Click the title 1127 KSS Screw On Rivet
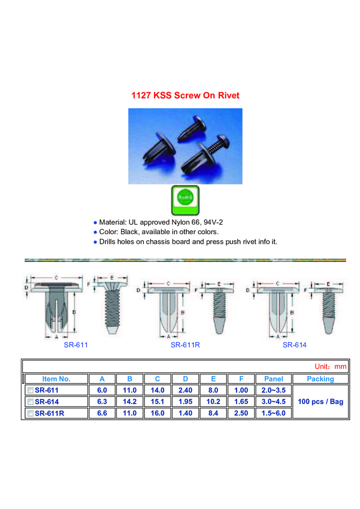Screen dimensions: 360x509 click(x=185, y=95)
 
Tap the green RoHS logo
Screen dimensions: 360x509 click(x=185, y=200)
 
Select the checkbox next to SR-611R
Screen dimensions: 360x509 click(x=31, y=413)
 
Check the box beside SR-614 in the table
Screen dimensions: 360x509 click(x=31, y=402)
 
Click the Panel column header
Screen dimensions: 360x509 click(x=273, y=379)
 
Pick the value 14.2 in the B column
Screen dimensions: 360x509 click(x=129, y=402)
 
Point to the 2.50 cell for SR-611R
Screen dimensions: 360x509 click(x=241, y=413)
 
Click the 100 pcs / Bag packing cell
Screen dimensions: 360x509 click(x=320, y=402)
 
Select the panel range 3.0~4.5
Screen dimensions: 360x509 click(x=273, y=402)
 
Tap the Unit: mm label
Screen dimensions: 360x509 click(x=330, y=366)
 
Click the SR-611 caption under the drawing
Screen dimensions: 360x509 click(x=75, y=345)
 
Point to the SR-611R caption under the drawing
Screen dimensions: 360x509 click(x=185, y=345)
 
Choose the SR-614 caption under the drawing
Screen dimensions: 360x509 click(x=295, y=345)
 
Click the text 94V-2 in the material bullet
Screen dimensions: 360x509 click(x=213, y=222)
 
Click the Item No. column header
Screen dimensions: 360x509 click(x=56, y=379)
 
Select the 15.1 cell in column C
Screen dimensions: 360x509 click(x=158, y=402)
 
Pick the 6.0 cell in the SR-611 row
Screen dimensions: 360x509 click(x=102, y=390)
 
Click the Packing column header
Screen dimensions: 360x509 click(x=320, y=379)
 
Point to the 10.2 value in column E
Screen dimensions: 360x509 click(x=213, y=402)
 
